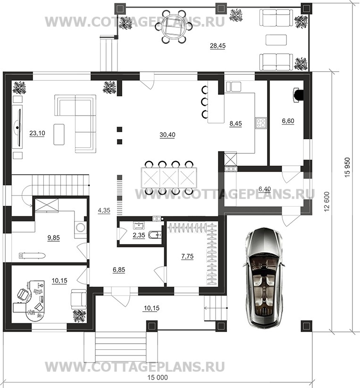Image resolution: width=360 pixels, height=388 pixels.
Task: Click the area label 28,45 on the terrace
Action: tap(218, 46)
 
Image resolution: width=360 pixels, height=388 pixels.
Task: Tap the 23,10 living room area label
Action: tap(37, 133)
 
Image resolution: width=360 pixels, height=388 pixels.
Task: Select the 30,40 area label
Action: tap(167, 135)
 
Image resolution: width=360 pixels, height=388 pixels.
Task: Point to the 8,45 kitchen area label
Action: tap(235, 124)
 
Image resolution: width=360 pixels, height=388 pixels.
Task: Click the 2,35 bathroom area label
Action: tap(139, 235)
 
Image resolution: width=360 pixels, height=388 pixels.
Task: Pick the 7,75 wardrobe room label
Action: tap(187, 256)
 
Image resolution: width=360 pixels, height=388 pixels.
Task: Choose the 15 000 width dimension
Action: tap(158, 377)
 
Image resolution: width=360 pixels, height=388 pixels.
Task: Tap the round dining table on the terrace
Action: tap(175, 27)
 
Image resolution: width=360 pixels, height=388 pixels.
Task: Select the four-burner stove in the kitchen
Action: tap(261, 123)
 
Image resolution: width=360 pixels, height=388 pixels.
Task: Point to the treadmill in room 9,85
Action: tap(32, 255)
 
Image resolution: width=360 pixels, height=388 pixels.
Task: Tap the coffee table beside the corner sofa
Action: tap(59, 134)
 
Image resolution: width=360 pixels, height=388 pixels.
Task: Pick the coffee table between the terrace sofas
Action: tap(276, 40)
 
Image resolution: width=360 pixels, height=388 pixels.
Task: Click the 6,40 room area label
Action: tap(265, 189)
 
